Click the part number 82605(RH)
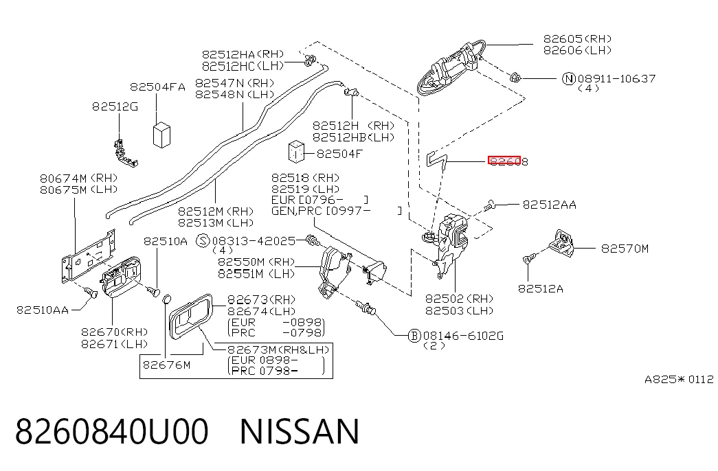pos(577,39)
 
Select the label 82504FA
pos(157,87)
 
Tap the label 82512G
pos(115,106)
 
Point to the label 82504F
pos(339,153)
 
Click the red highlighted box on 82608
pos(504,161)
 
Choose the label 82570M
pos(625,249)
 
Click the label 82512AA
pos(550,205)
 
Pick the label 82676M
pos(166,365)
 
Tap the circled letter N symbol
pos(568,79)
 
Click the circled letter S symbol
pos(203,241)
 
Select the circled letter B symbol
pos(414,336)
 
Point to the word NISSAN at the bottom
pos(300,431)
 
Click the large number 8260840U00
pos(112,431)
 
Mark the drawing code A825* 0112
pos(679,379)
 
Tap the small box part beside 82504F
pos(296,152)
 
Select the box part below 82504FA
pos(161,135)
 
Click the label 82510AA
pos(43,310)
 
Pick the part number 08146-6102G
pos(463,336)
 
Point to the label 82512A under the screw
pos(540,288)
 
